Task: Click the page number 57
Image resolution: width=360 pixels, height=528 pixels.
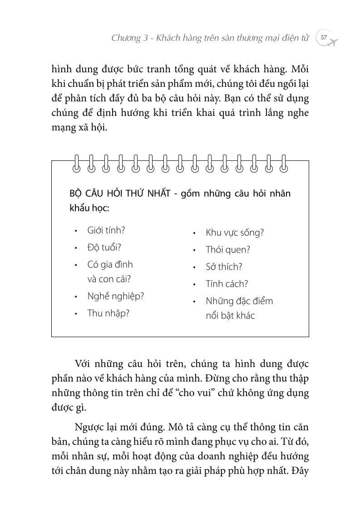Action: [x=323, y=38]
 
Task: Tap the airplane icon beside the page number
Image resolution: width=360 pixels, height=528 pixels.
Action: [x=334, y=42]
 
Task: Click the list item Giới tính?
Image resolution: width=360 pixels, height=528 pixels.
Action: [x=106, y=230]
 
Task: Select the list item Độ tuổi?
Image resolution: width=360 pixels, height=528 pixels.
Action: [x=104, y=248]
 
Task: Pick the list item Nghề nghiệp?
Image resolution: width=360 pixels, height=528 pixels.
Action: [x=115, y=296]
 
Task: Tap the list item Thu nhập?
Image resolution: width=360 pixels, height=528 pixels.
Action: [x=108, y=313]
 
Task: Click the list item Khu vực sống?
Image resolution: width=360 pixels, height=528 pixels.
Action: [x=234, y=233]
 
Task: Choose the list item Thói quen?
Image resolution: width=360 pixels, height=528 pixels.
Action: [x=227, y=249]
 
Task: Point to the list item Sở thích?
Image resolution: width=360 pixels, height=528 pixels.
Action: [x=224, y=267]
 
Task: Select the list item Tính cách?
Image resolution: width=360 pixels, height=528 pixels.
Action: [x=227, y=284]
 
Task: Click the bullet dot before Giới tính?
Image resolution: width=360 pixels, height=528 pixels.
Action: [x=76, y=231]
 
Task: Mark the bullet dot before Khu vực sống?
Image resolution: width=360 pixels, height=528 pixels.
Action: [x=194, y=233]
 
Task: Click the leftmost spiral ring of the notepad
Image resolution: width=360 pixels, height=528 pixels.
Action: [x=76, y=164]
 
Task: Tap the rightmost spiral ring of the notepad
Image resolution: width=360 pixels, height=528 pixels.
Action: [x=284, y=164]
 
